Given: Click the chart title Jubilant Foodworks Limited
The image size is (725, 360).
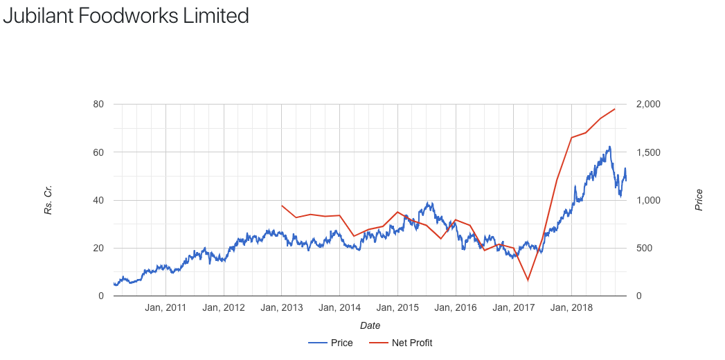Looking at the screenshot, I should pos(126,15).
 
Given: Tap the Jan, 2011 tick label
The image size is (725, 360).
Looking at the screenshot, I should pos(166,308).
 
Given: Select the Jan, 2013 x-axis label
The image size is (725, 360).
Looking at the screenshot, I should pos(282,308).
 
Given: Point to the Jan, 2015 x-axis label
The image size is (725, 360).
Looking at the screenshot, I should pos(398,308).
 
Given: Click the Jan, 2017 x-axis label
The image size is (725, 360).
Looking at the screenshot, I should pos(514,308).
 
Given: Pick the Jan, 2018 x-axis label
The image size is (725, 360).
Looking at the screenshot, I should pos(571,308).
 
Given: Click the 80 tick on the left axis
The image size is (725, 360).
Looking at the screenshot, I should pos(99,105).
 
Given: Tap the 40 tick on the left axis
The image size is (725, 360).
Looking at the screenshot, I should pos(99,200).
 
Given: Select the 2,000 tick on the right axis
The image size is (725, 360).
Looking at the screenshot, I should pos(649,105).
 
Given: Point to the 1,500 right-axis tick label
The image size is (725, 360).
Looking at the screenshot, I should pos(649,152).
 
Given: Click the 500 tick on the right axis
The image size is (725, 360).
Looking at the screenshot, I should pos(644,248).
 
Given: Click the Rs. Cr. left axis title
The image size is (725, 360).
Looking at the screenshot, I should pos(48,200).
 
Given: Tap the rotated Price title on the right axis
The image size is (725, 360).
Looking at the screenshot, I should pos(699,200).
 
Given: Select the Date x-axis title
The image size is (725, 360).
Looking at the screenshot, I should pos(370,325).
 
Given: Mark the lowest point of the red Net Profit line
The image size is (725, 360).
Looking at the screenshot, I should pos(528,280).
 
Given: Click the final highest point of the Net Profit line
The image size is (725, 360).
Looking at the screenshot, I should pos(615,109).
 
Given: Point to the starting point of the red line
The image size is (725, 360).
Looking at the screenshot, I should pos(282,206).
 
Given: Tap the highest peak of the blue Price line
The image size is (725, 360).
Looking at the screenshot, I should pos(609,147).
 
